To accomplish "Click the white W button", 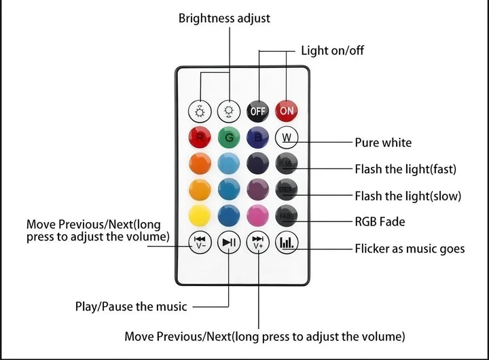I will [x=287, y=137].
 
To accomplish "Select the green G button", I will [x=229, y=137].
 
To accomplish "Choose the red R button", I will [x=200, y=137].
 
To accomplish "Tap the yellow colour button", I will [x=200, y=216].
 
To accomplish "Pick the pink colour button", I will [x=258, y=216].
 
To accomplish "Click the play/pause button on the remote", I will [x=229, y=242].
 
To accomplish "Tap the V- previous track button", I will [x=200, y=242].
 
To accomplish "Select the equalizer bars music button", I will [x=287, y=242].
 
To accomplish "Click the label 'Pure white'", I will [x=383, y=143].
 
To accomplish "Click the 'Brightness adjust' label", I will [x=224, y=18].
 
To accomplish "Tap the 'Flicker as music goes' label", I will [x=410, y=249].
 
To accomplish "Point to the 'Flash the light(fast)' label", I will [x=405, y=168].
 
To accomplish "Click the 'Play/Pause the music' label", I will [x=130, y=306].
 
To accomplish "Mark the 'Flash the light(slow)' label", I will [x=407, y=196].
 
